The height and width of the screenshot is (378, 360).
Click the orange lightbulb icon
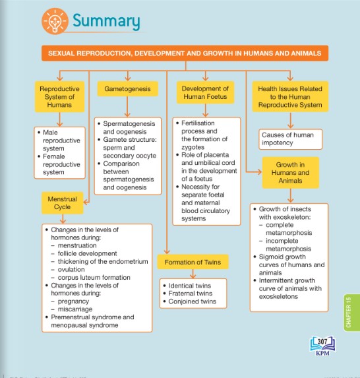[x=55, y=21]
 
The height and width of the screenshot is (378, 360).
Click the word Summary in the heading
[x=106, y=21]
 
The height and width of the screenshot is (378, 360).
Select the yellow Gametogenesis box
[x=127, y=88]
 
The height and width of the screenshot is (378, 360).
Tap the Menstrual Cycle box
[x=63, y=203]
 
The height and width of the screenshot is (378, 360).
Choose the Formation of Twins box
[x=193, y=262]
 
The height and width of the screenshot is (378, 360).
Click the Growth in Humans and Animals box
[x=290, y=173]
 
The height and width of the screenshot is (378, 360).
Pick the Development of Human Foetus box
[x=205, y=92]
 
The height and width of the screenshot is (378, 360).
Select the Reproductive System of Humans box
[x=59, y=97]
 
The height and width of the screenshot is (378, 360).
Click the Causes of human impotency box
[x=290, y=139]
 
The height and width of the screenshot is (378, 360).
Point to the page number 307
[x=322, y=342]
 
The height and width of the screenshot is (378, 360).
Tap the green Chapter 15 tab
[x=351, y=313]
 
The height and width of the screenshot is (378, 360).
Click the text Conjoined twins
[x=193, y=301]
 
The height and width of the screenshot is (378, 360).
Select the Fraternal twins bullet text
[x=191, y=294]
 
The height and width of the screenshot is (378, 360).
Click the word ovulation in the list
[x=71, y=270]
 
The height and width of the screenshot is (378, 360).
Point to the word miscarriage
[x=75, y=309]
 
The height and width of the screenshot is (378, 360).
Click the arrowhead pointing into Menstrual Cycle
[x=86, y=202]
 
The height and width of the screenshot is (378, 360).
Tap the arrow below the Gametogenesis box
[x=127, y=107]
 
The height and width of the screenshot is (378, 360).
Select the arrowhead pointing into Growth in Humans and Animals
[x=259, y=172]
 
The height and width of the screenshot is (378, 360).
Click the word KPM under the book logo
[x=322, y=353]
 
